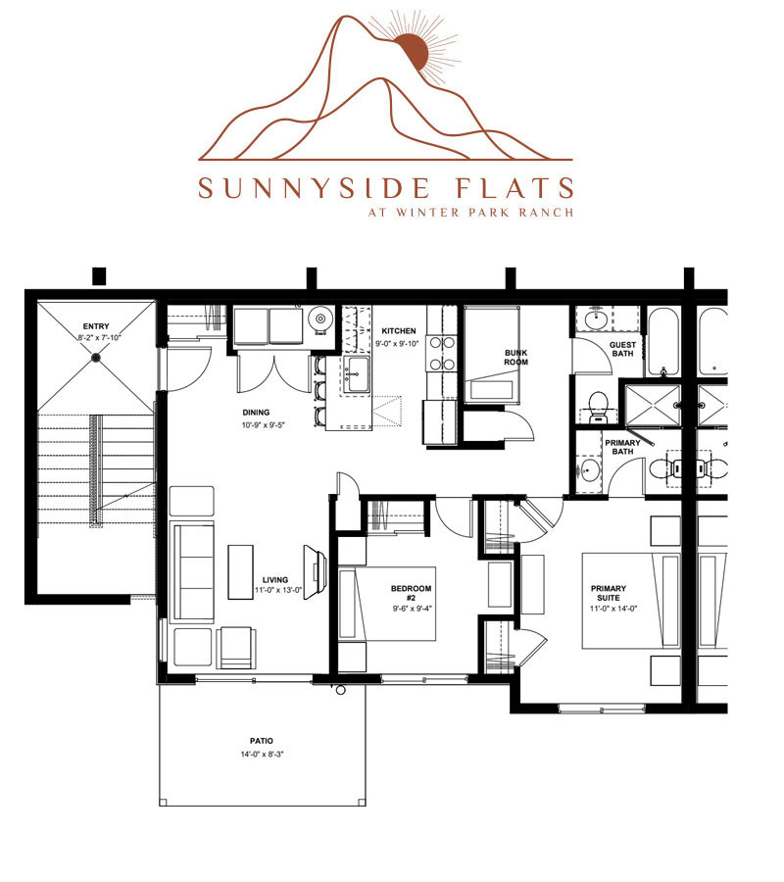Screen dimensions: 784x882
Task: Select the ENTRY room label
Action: [96, 326]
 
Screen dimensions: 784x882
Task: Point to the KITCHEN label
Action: [399, 331]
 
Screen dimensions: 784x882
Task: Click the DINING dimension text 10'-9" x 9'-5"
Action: [264, 425]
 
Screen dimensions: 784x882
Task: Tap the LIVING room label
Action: [275, 580]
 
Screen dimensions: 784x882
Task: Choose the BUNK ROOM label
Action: [516, 357]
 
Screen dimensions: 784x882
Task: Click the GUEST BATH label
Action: [622, 349]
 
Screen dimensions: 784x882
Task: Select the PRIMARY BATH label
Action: [622, 447]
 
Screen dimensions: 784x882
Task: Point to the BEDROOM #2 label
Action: [412, 593]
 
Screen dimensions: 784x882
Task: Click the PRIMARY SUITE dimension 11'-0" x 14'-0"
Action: [613, 609]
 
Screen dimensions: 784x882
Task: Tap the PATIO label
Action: [262, 741]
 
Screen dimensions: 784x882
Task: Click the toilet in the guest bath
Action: [597, 409]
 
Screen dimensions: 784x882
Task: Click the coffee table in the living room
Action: [240, 571]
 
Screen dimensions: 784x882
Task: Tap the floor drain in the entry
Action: [96, 357]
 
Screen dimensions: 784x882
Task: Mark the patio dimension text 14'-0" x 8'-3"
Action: [262, 755]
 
